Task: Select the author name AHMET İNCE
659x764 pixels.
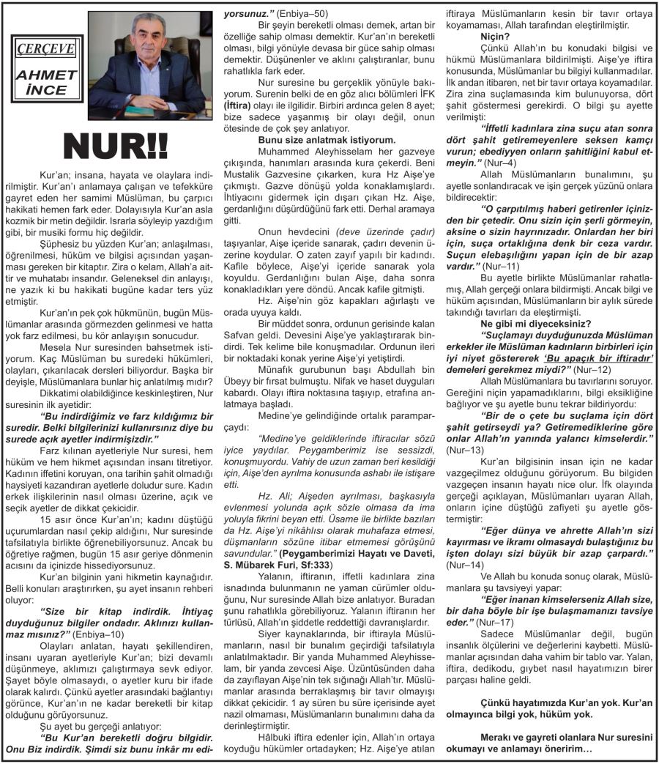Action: tap(46, 84)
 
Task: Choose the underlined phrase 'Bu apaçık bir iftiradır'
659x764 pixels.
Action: tap(600, 357)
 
